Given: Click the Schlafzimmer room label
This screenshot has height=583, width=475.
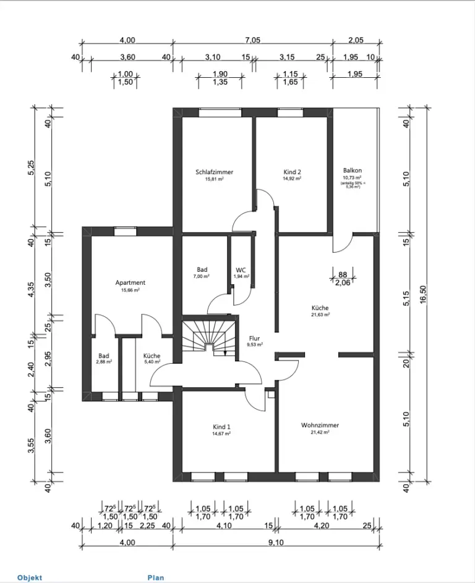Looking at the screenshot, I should (215, 172).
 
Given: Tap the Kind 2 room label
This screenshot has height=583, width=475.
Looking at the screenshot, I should (291, 172).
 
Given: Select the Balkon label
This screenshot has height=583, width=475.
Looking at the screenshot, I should (352, 170).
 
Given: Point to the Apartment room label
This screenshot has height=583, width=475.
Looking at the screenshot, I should (130, 283).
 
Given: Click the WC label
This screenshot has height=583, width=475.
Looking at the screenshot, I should (241, 270).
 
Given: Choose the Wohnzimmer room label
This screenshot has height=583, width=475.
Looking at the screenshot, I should (320, 426).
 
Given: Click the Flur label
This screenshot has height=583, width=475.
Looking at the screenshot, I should (254, 338).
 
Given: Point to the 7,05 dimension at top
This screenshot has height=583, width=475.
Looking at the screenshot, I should (252, 40).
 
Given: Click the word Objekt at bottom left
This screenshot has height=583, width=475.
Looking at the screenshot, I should (30, 577).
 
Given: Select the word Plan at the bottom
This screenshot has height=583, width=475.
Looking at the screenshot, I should (156, 577).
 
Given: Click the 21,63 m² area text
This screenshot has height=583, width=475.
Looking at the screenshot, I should (320, 314).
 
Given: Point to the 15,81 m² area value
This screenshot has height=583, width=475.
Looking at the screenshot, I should (215, 179).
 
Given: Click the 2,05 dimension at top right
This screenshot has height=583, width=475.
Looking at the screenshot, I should (356, 40).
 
